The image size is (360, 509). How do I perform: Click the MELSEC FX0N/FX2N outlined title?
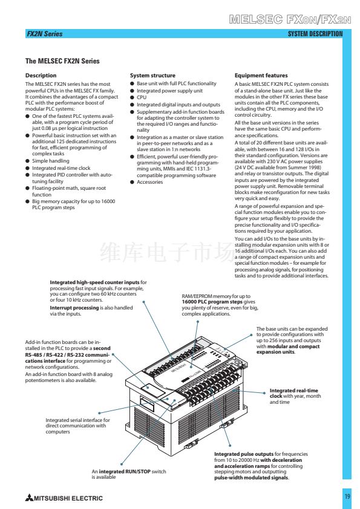290,19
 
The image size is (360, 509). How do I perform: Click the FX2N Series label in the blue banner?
45,34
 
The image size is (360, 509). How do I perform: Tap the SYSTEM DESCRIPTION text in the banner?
315,34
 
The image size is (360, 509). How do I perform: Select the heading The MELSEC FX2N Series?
62,61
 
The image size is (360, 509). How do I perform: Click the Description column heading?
41,76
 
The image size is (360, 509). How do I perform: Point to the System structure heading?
152,76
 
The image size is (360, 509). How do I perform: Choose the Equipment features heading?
261,76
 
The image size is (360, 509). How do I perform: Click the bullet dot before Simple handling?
28,161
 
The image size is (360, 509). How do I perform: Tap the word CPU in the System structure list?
142,97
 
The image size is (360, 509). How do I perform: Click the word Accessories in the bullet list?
150,182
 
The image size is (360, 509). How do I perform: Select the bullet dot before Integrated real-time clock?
28,168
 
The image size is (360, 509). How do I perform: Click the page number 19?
347,496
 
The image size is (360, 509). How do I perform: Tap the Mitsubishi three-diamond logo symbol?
30,498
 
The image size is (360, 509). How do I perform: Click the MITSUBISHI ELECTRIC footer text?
68,498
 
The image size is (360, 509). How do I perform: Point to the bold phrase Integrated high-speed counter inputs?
94,282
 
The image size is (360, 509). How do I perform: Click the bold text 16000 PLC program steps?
212,302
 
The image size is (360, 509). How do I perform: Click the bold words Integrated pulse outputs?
244,454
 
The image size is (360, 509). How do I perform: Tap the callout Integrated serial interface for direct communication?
77,426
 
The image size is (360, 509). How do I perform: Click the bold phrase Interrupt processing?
74,308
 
